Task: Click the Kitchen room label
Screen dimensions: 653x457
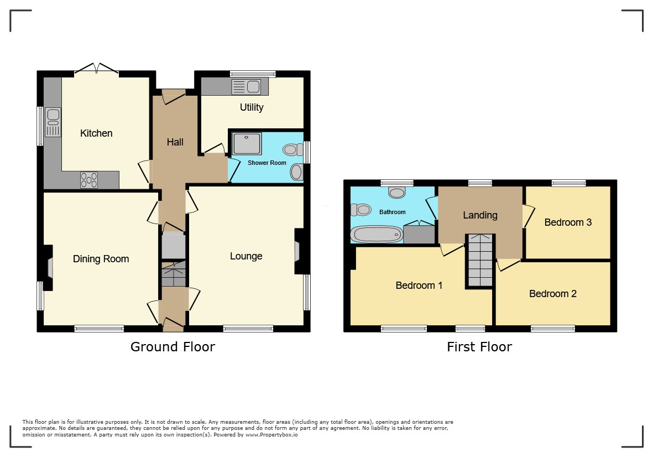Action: pos(96,133)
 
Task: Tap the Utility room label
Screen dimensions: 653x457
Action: pos(252,107)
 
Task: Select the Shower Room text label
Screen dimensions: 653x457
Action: pos(267,163)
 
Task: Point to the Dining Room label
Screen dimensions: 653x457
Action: pos(101,259)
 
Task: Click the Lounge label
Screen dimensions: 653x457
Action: pos(246,256)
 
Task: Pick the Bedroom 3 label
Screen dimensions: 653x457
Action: pos(568,222)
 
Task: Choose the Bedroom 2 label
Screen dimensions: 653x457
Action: pos(552,294)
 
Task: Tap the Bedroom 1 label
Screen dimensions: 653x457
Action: pos(419,285)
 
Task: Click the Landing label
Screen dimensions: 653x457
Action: pos(480,215)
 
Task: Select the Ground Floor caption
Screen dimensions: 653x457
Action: pos(173,346)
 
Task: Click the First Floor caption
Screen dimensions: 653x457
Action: pos(479,346)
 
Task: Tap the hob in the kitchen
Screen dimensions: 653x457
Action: pos(88,180)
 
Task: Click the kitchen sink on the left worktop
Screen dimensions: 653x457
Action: pos(53,122)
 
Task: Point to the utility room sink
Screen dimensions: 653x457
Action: pos(246,87)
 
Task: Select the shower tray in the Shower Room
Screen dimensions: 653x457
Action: pos(247,143)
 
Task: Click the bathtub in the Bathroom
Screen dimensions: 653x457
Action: pos(377,234)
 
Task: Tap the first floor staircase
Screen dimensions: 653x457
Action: pos(480,261)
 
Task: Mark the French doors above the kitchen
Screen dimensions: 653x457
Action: pos(96,69)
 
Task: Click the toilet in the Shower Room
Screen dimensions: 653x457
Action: pos(293,149)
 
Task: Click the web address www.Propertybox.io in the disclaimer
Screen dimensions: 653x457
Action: pos(271,434)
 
